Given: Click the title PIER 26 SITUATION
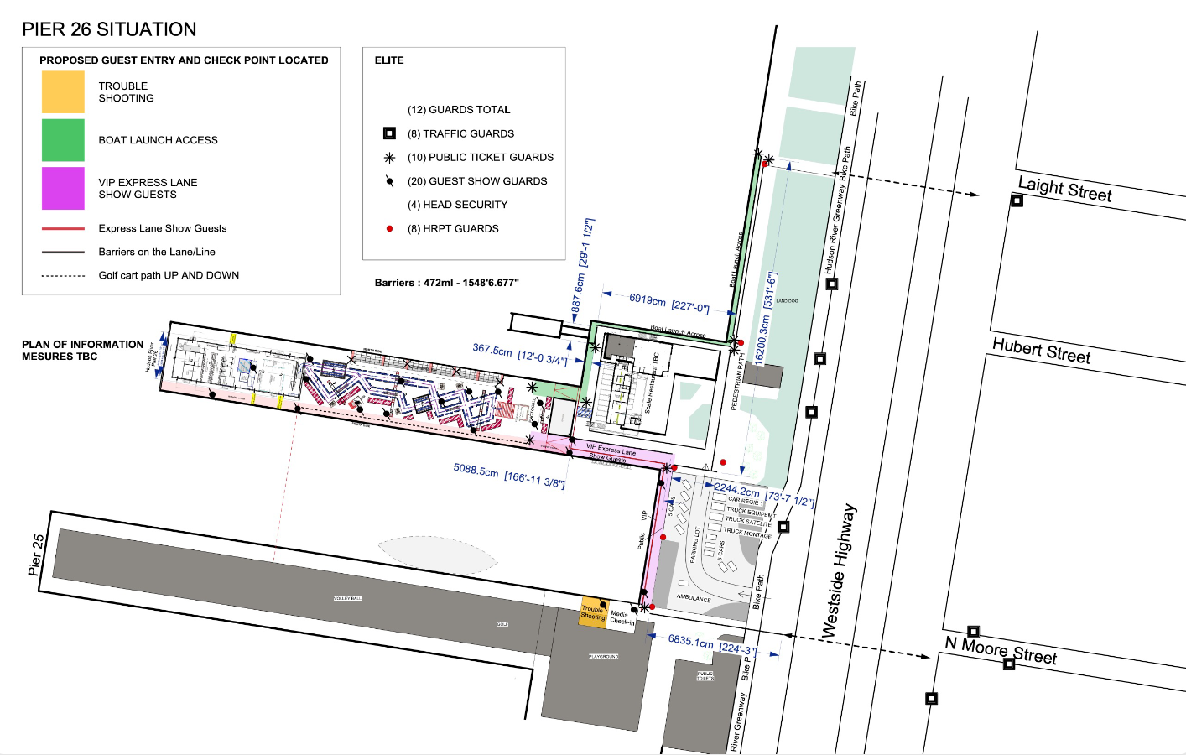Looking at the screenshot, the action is pos(109,29).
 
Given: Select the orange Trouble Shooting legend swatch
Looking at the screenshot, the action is pos(63,92).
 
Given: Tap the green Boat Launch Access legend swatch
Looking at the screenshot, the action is pos(63,140).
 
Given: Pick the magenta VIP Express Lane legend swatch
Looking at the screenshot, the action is pos(63,188).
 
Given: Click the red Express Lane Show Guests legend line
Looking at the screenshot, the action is pos(63,228).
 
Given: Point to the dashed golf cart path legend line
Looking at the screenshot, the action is pos(63,276).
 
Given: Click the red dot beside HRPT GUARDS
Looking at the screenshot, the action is pos(389,228).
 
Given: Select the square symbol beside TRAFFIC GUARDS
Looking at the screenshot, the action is pos(389,133).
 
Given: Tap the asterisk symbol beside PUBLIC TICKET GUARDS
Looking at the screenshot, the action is pos(389,158).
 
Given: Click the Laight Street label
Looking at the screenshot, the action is pos(1064,190).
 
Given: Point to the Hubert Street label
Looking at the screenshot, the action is pos(1041,350).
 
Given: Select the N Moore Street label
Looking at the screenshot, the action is pos(1001,650).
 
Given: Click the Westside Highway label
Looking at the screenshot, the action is pos(840,570).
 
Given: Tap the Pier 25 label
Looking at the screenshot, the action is pos(36,555).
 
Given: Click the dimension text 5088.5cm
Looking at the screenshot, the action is pos(476,471).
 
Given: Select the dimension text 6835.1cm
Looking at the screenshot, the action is pos(690,641).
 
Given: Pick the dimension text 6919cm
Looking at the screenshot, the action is pos(648,299).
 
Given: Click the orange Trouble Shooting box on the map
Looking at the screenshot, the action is pos(593,612).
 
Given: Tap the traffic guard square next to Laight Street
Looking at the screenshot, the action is pos(1017,200).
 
